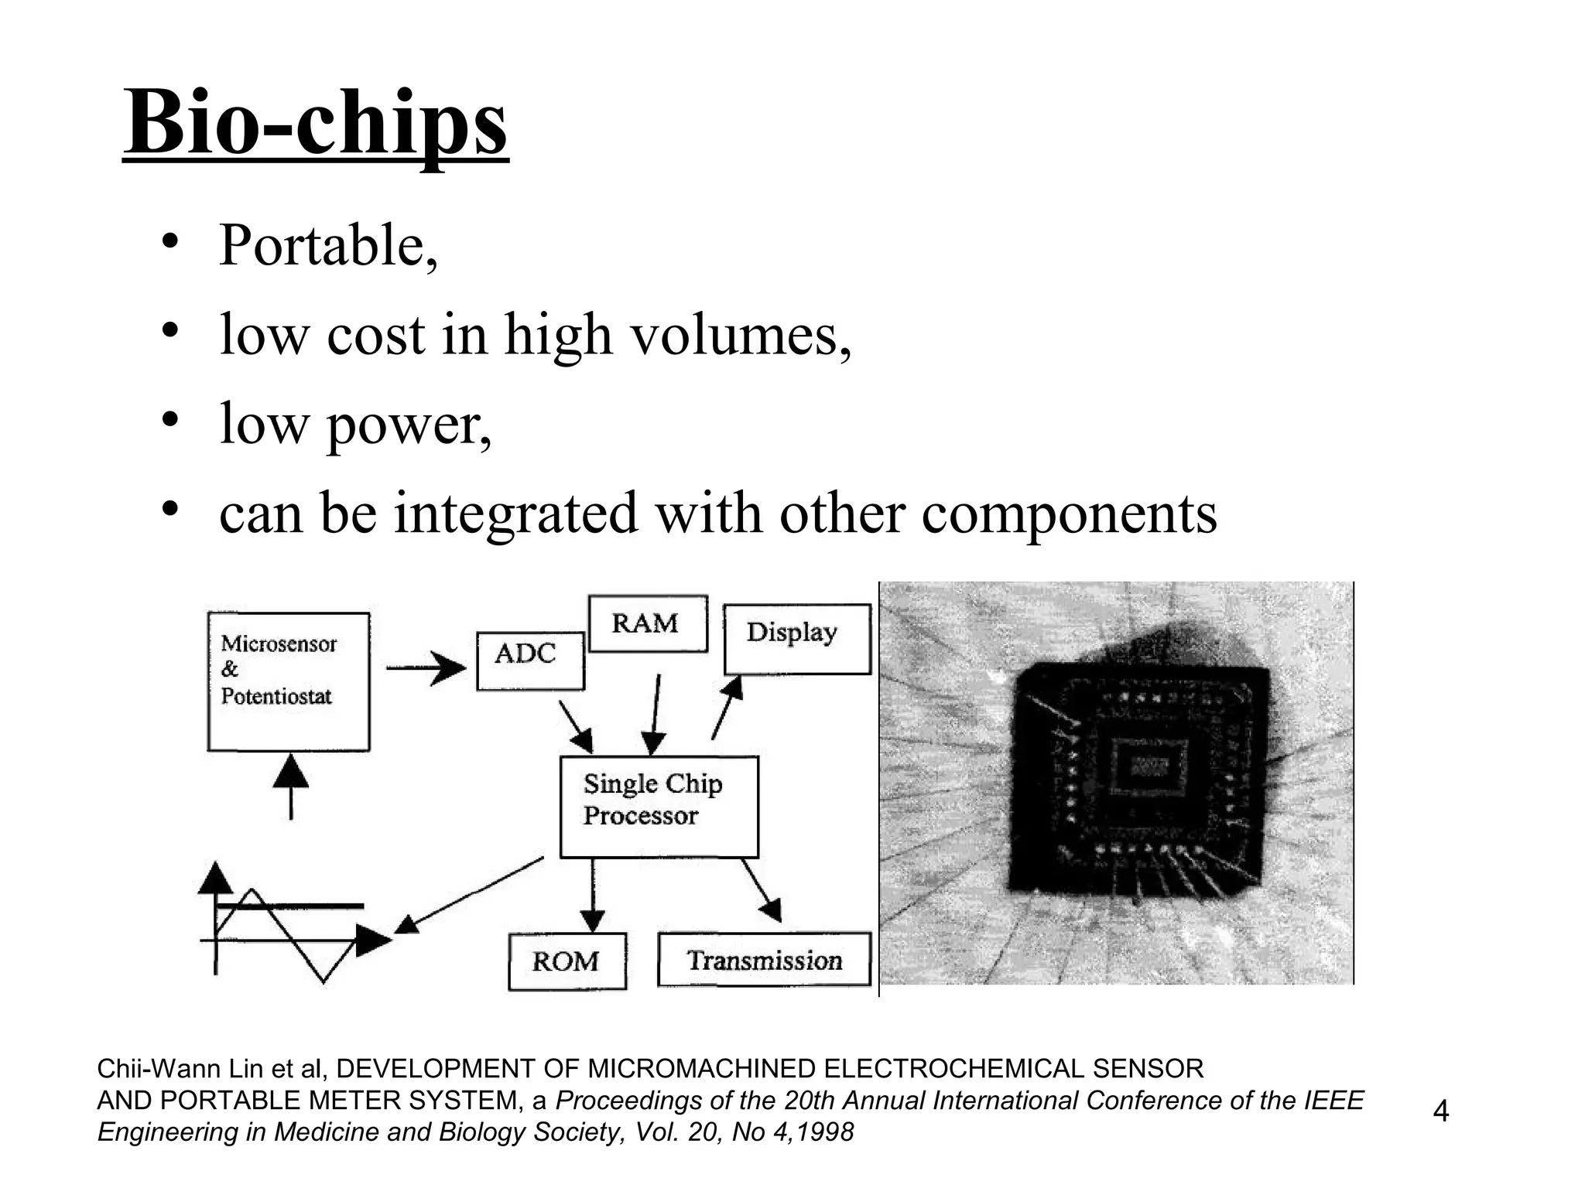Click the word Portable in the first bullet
[x=321, y=246]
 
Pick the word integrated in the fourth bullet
[x=516, y=514]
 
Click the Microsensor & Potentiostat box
[x=289, y=681]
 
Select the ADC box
[x=530, y=661]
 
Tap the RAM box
[x=648, y=623]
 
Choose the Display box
[x=796, y=640]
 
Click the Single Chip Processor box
[x=659, y=807]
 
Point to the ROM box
[x=567, y=961]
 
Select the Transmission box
[x=764, y=960]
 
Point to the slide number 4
[x=1440, y=1111]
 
